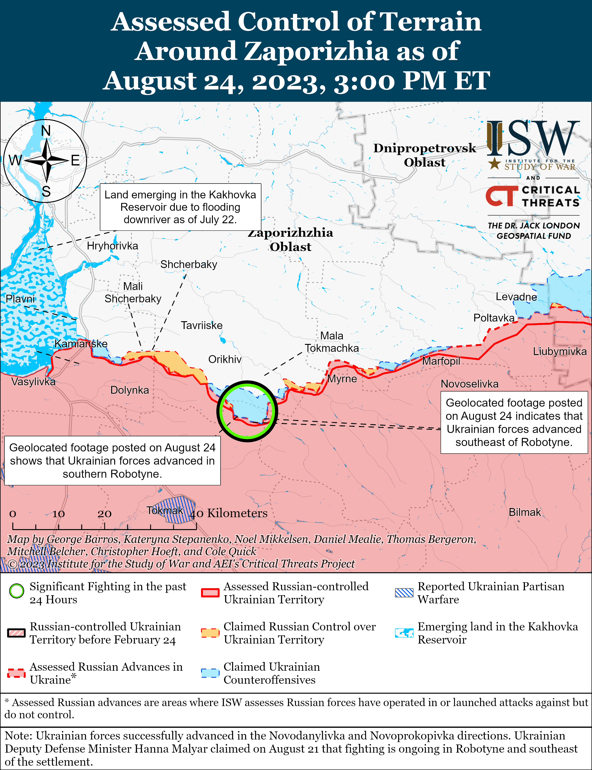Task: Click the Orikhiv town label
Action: [x=225, y=359]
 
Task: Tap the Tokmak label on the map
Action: [x=165, y=510]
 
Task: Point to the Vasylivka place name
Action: [x=33, y=382]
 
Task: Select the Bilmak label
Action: [x=524, y=512]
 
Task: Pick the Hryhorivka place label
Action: [x=112, y=246]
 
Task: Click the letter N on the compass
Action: [x=46, y=131]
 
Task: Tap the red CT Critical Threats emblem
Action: [x=501, y=196]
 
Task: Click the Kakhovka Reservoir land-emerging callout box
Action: [x=180, y=207]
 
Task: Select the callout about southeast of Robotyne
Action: [x=514, y=422]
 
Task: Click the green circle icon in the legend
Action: [x=16, y=591]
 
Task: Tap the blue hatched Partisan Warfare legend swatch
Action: [x=404, y=593]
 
